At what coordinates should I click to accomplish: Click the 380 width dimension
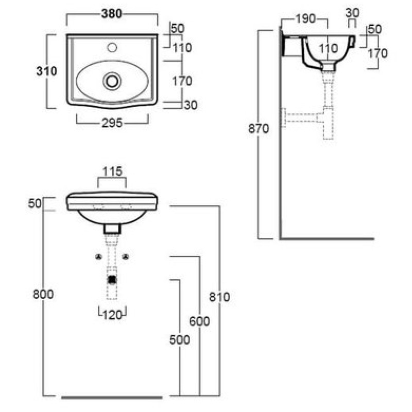pos(112,14)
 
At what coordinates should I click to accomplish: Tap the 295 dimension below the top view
pos(112,124)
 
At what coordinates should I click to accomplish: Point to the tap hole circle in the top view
pos(112,48)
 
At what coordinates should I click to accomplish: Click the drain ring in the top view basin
pos(112,80)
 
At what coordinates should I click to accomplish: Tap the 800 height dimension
pos(43,294)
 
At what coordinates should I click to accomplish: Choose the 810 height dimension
pos(220,297)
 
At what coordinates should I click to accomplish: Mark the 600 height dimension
pos(200,321)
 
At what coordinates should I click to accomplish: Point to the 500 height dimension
pos(180,340)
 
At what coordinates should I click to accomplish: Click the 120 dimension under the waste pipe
pos(112,314)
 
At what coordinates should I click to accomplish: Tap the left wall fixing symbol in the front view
pos(98,256)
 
